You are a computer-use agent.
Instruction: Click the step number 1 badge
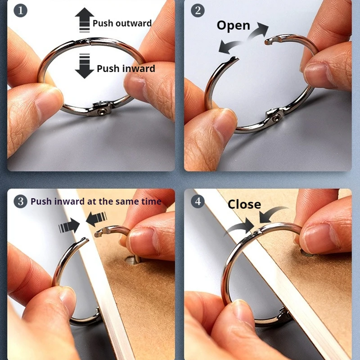[x=20, y=10]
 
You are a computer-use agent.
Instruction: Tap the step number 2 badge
[x=198, y=10]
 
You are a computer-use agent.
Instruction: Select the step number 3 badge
[x=20, y=201]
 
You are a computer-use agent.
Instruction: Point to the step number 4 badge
[x=198, y=201]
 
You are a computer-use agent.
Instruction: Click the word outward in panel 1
[x=134, y=23]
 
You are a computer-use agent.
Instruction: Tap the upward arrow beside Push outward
[x=84, y=20]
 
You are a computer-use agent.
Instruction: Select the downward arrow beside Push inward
[x=84, y=66]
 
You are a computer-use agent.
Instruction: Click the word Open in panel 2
[x=233, y=26]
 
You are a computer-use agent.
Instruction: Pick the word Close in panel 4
[x=244, y=204]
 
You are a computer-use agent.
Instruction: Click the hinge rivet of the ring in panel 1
[x=101, y=112]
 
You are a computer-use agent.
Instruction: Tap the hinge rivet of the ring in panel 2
[x=275, y=118]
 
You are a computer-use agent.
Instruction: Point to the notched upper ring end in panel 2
[x=273, y=40]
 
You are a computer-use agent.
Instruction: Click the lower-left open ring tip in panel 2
[x=234, y=59]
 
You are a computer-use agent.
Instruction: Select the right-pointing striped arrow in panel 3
[x=69, y=226]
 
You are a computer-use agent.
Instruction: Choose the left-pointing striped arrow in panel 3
[x=96, y=219]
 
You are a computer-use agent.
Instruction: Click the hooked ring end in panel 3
[x=102, y=232]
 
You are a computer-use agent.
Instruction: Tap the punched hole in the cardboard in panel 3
[x=132, y=260]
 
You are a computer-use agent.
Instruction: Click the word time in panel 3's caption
[x=151, y=202]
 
